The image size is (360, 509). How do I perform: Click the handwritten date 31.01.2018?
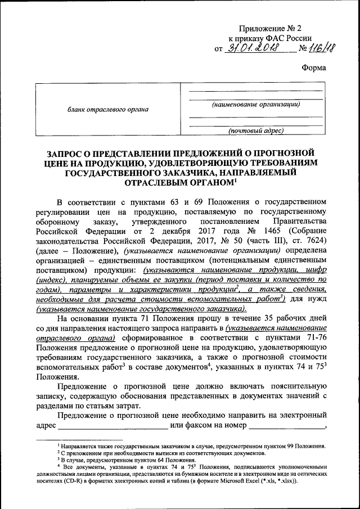pyautogui.click(x=255, y=48)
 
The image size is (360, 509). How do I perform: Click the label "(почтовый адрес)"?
pyautogui.click(x=255, y=131)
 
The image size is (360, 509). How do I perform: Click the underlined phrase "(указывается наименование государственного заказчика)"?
pyautogui.click(x=140, y=309)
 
